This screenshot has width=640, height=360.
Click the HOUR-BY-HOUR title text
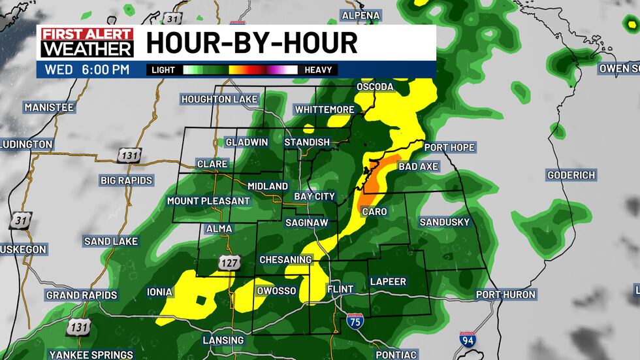tap(251, 42)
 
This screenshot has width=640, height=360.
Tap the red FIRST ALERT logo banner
tap(87, 34)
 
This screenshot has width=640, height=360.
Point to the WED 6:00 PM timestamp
tap(88, 69)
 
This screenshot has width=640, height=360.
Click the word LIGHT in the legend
tap(163, 70)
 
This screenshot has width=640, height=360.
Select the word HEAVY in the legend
tap(318, 70)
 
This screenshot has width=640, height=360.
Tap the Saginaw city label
tap(306, 223)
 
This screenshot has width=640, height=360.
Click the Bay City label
tap(314, 196)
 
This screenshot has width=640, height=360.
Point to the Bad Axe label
tap(418, 167)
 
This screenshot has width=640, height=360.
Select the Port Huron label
tap(505, 295)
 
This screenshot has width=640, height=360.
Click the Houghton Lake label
tap(219, 99)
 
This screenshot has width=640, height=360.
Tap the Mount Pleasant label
tap(208, 201)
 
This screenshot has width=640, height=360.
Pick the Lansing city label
tap(223, 340)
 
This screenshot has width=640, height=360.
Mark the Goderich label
tap(571, 175)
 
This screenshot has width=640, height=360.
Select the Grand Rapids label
tap(82, 295)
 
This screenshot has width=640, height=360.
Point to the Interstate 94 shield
tap(468, 339)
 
